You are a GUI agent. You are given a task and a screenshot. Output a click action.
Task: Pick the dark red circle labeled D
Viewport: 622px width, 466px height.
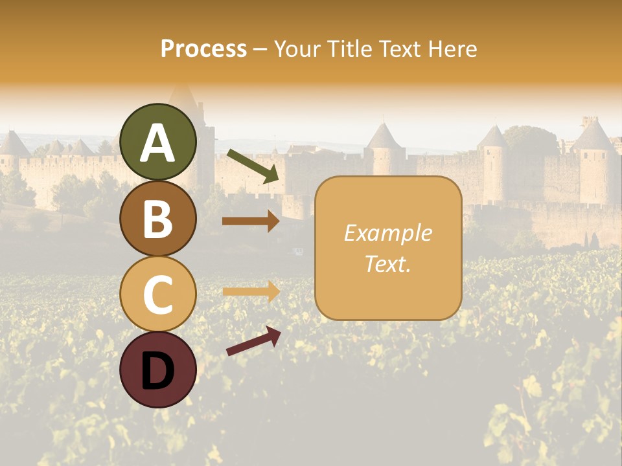click(x=158, y=370)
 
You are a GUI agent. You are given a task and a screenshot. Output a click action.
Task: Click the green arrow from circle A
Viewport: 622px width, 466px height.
click(x=253, y=165)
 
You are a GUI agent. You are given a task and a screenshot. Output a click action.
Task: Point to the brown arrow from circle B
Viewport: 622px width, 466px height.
click(x=250, y=221)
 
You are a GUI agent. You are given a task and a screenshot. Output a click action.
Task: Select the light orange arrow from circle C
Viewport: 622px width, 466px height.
click(x=250, y=291)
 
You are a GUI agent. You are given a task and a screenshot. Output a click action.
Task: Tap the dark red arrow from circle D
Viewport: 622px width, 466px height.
click(x=253, y=341)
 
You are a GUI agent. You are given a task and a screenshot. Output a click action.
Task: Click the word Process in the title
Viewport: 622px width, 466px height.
click(x=203, y=49)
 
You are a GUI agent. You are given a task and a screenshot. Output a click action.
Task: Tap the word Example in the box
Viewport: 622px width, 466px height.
click(x=387, y=234)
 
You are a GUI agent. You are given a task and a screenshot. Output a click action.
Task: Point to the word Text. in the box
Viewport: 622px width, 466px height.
click(x=387, y=263)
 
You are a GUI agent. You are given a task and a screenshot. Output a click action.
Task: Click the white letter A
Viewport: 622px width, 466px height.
click(x=158, y=142)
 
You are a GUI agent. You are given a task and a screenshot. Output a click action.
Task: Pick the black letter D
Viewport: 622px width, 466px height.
click(x=158, y=370)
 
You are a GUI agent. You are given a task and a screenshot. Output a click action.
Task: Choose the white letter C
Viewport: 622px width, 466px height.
click(x=158, y=294)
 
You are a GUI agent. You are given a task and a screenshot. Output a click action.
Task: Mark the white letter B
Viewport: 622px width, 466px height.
click(x=158, y=219)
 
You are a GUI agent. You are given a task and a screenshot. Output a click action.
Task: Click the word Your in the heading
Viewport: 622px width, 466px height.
click(x=295, y=49)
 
